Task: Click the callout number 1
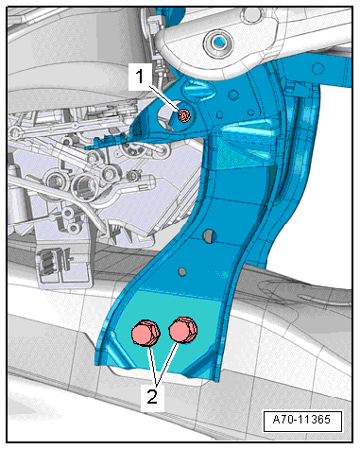pos(140,77)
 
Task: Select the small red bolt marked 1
pos(184,115)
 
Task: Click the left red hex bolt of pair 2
pos(146,333)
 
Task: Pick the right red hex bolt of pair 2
pos(183,330)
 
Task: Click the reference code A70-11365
pos(301,420)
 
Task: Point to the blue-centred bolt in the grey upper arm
pos(218,43)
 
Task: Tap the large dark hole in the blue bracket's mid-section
pos(209,236)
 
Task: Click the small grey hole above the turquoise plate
pos(182,271)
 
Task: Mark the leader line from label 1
pos(163,98)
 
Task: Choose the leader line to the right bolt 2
pos(168,363)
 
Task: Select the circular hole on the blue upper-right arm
pos(318,68)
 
